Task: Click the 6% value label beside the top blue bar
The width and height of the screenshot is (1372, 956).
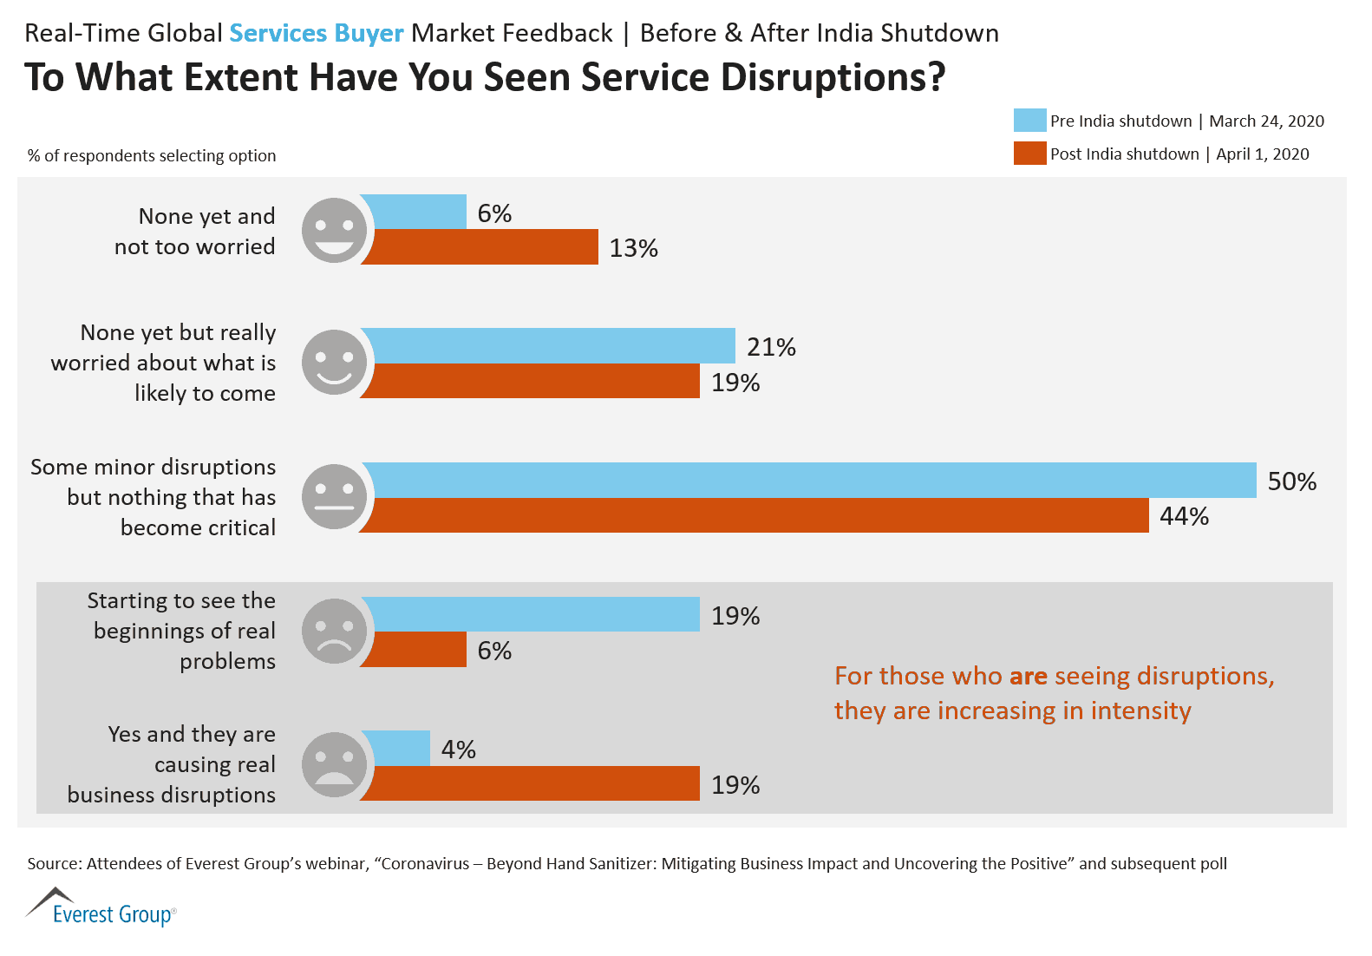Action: tap(494, 213)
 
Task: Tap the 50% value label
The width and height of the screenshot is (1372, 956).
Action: tap(1291, 481)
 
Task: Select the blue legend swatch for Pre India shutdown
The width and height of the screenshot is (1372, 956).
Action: tap(1029, 121)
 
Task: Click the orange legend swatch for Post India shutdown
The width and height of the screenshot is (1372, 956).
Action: tap(1029, 154)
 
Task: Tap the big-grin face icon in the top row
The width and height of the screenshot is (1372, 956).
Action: tap(334, 230)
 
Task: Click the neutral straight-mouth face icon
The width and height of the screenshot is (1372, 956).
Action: tap(334, 496)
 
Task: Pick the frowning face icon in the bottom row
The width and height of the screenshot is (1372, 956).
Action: tap(334, 764)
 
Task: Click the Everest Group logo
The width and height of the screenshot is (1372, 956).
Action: tap(101, 907)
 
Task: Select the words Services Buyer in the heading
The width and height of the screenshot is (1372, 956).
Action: tap(316, 33)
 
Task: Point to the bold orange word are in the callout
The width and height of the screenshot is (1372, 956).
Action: tap(1028, 676)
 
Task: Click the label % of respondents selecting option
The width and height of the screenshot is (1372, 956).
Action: tap(152, 156)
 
